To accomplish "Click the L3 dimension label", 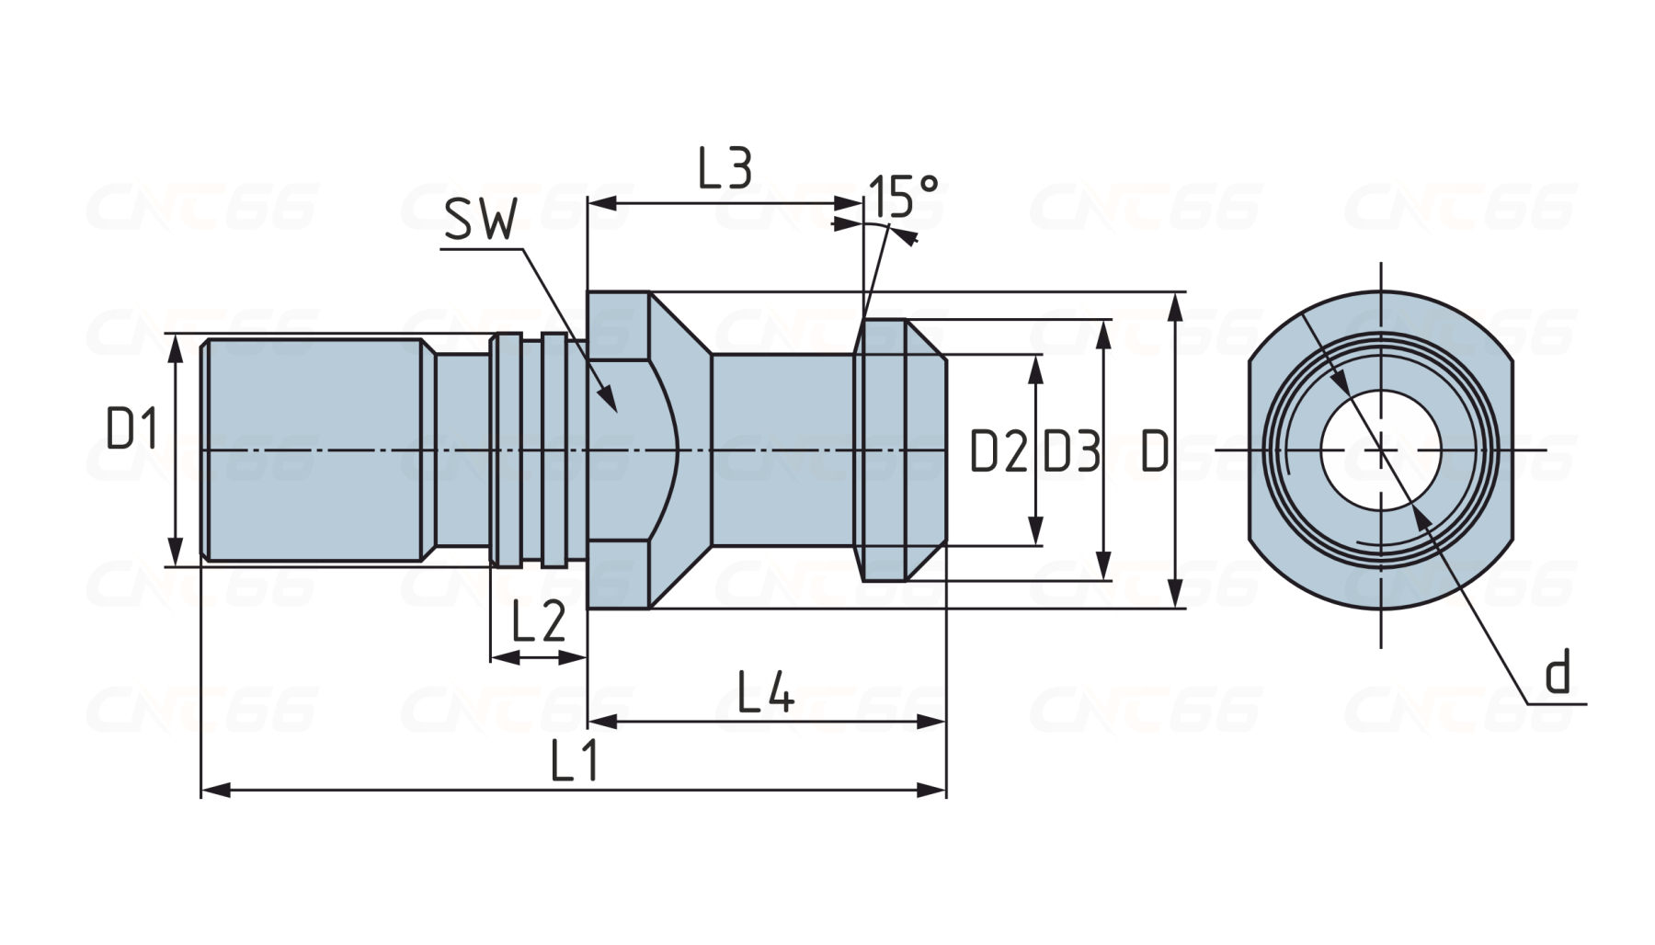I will pyautogui.click(x=725, y=169).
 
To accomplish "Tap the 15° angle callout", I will pyautogui.click(x=903, y=195).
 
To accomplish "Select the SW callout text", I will pyautogui.click(x=480, y=221).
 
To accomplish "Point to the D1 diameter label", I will pyautogui.click(x=132, y=428).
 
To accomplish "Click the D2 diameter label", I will pyautogui.click(x=998, y=451).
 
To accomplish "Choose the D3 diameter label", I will pyautogui.click(x=1071, y=451).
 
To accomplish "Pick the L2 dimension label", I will pyautogui.click(x=538, y=622).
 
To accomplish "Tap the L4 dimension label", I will pyautogui.click(x=766, y=692).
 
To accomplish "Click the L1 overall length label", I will pyautogui.click(x=575, y=761).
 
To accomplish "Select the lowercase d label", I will pyautogui.click(x=1557, y=673).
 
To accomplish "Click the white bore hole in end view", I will pyautogui.click(x=1380, y=450).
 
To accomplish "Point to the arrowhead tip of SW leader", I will pyautogui.click(x=613, y=407).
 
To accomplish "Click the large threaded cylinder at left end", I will pyautogui.click(x=313, y=450).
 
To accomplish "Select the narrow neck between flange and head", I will pyautogui.click(x=782, y=450).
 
